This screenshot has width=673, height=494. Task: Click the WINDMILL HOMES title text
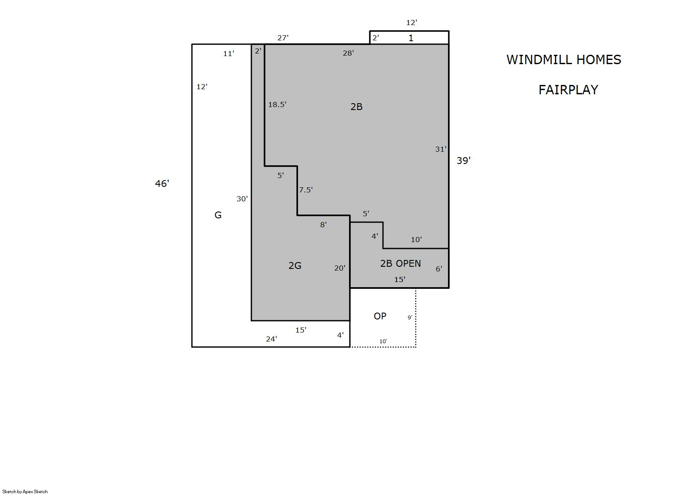563,60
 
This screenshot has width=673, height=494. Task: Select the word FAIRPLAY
568,90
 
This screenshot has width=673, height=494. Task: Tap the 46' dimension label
162,183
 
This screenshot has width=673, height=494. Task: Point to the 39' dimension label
464,161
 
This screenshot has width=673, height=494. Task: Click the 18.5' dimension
277,104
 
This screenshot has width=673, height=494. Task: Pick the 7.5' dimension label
306,190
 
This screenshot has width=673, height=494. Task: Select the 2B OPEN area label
400,263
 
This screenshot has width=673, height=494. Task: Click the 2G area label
295,265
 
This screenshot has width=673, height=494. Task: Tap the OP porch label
380,316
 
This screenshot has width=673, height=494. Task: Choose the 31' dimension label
441,149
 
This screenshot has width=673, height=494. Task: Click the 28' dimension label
348,53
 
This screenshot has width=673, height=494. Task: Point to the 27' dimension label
283,38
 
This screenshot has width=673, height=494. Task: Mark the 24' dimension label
271,339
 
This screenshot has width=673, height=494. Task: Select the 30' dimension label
242,199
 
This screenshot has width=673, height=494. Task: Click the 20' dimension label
340,268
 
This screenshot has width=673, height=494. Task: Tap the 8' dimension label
323,225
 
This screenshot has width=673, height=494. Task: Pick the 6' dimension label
439,269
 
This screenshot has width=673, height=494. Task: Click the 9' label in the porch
410,317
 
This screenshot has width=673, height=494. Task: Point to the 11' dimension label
228,54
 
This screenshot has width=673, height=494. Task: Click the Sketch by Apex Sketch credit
25,491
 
